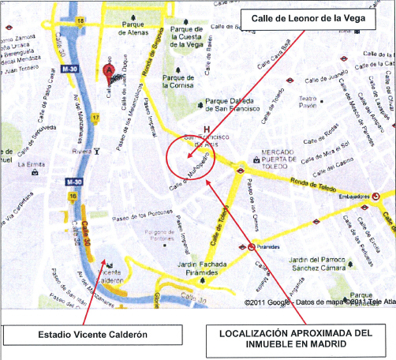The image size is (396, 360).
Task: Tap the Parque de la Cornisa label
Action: tap(178, 82)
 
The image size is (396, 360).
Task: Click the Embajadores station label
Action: tap(352, 194)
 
